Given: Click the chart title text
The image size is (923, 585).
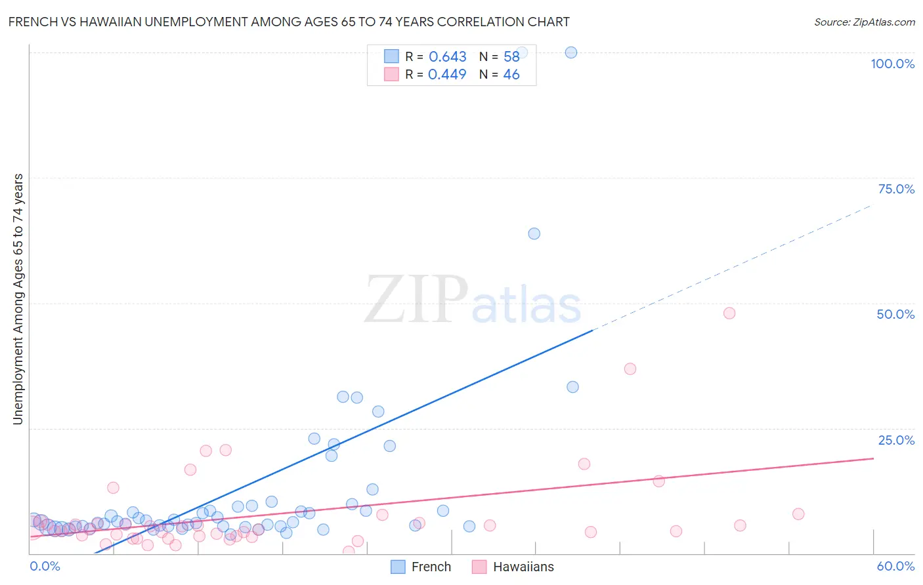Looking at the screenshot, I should [x=289, y=22].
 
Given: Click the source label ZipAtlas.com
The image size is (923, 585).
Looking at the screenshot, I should [x=864, y=22].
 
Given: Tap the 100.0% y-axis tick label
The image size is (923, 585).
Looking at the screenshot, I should [x=892, y=64].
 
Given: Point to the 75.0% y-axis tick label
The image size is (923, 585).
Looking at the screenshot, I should [x=896, y=189].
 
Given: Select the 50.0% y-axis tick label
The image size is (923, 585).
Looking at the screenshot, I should [x=895, y=314].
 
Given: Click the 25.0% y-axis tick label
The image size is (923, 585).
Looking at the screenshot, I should [x=896, y=440].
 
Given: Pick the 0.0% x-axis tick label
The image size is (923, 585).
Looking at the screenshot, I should [x=45, y=566].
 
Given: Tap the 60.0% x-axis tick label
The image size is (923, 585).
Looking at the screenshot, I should [x=895, y=566].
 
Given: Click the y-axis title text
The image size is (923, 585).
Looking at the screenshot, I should [x=18, y=299].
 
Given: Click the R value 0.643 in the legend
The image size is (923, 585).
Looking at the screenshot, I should [x=447, y=57].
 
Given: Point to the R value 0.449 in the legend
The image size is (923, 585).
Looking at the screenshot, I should [x=447, y=74].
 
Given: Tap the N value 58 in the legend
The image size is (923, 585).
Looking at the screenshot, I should [x=511, y=57].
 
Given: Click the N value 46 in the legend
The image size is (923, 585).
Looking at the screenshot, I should [x=511, y=74].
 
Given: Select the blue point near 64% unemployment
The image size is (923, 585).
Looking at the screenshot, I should [x=534, y=233].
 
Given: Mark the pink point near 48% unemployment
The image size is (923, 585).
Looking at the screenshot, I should [x=729, y=313].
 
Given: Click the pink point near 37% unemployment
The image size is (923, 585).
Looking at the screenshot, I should [x=630, y=369].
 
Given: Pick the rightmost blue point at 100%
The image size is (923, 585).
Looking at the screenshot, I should [x=571, y=52].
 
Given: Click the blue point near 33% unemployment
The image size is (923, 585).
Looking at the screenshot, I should [x=572, y=387].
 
